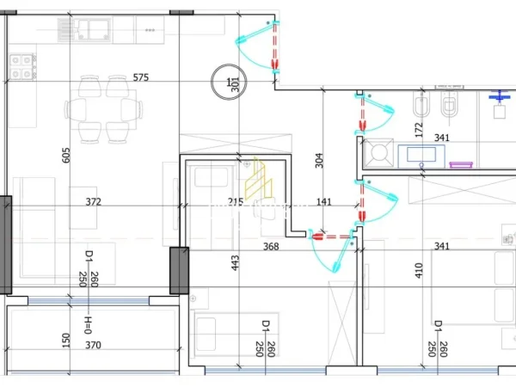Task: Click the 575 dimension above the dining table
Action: pyautogui.click(x=141, y=77)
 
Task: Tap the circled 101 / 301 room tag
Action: pyautogui.click(x=230, y=83)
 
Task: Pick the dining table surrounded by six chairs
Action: pyautogui.click(x=103, y=109)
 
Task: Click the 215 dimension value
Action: pyautogui.click(x=235, y=202)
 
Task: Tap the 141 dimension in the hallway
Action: pyautogui.click(x=323, y=202)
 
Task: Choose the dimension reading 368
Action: pyautogui.click(x=270, y=248)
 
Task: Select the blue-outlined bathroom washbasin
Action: pyautogui.click(x=421, y=155)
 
